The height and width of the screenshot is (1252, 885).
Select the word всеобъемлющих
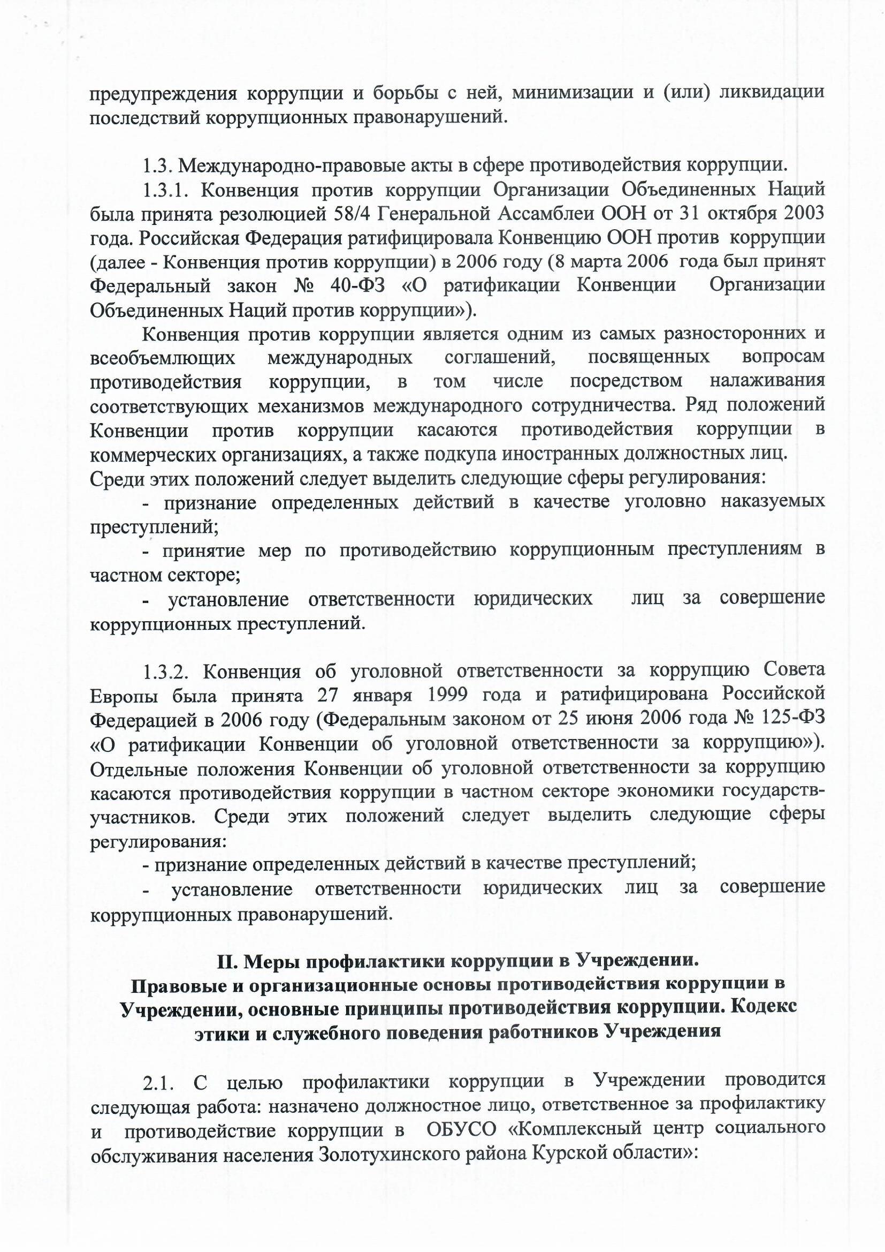coord(163,358)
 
